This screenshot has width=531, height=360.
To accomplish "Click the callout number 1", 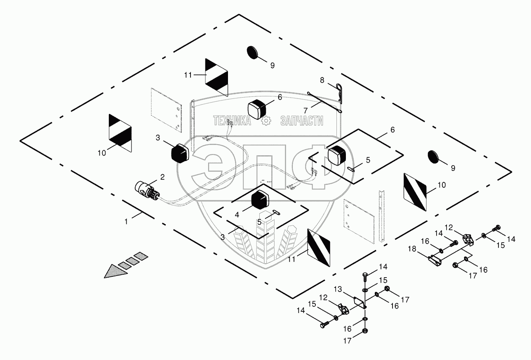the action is [x=127, y=221].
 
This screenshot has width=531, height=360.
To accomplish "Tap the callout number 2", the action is [x=162, y=177].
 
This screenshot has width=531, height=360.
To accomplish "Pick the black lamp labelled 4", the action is [x=261, y=201].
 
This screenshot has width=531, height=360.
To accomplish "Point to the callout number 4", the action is [x=237, y=214].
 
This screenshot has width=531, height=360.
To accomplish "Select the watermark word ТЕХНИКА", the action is [x=232, y=121].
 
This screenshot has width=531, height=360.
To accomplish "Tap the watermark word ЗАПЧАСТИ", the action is [x=302, y=121].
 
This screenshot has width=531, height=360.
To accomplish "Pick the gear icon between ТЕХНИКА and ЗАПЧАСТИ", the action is [x=266, y=121].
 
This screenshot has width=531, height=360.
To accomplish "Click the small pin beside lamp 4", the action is [x=276, y=213].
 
